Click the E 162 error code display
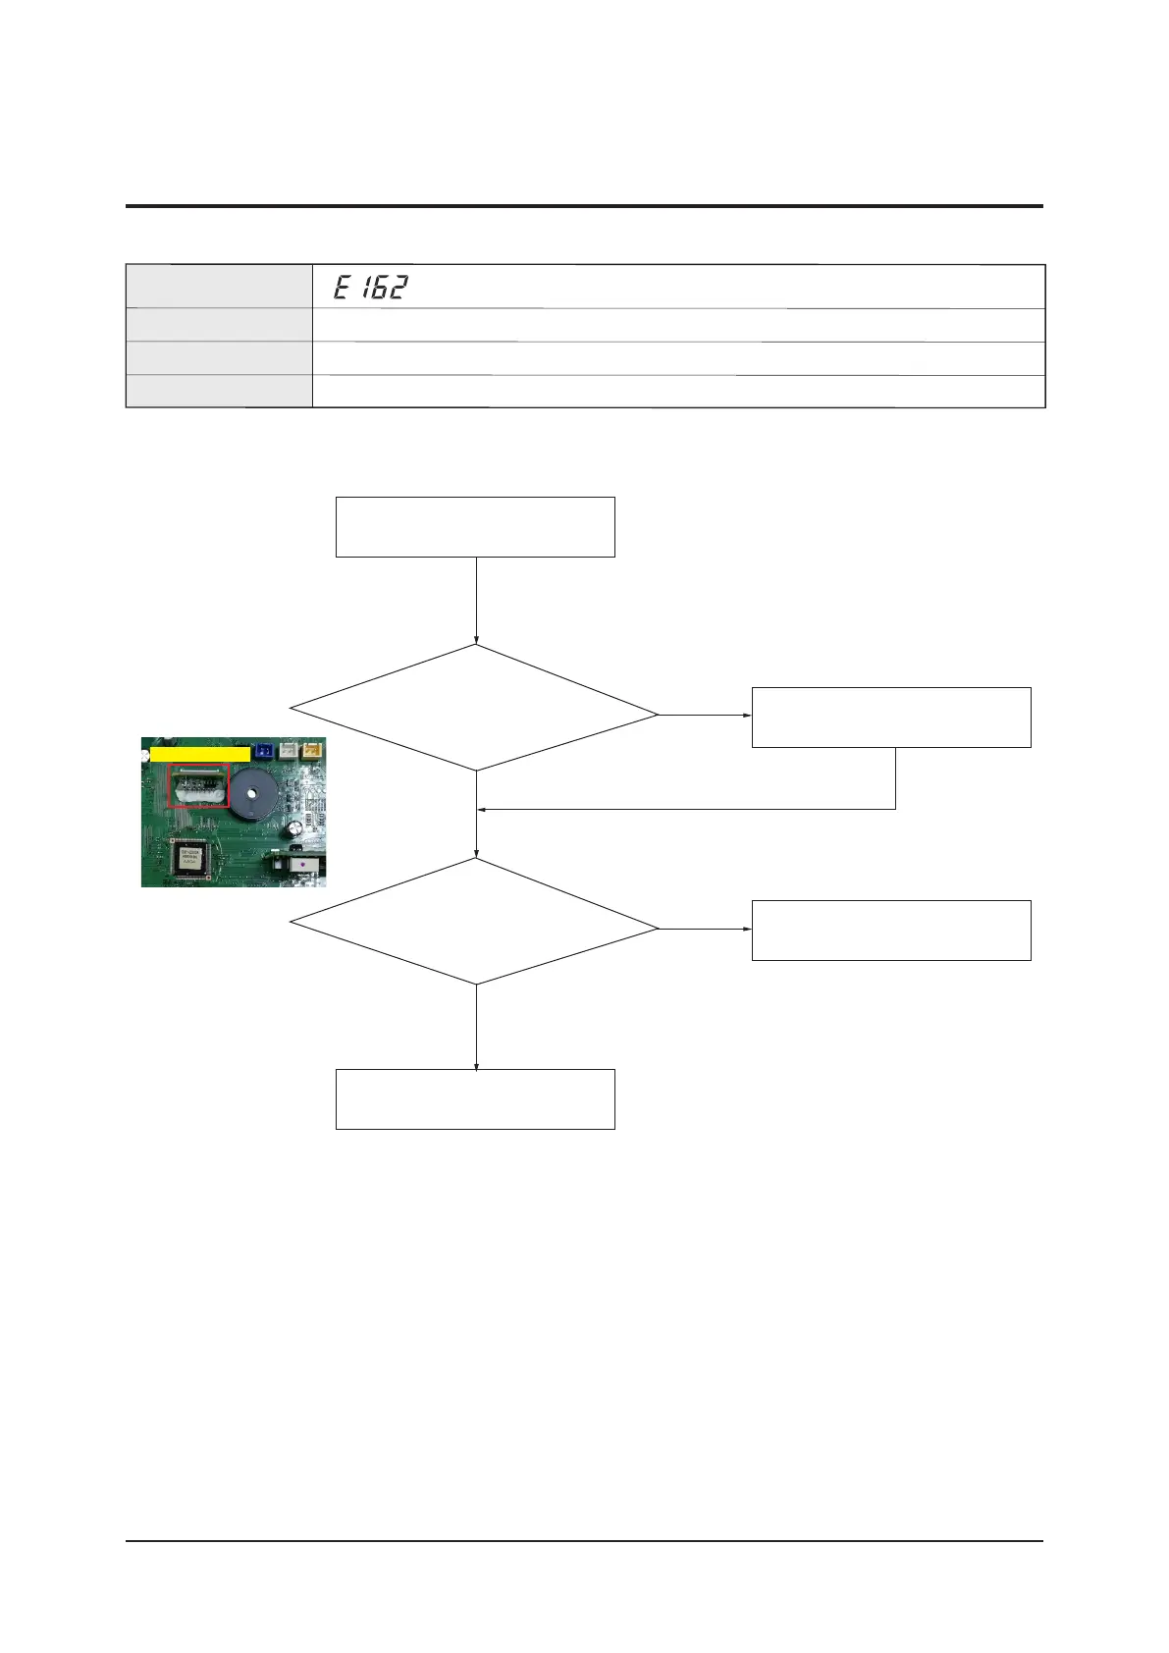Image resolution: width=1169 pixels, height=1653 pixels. [x=370, y=288]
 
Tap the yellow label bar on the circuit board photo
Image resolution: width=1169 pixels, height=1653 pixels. [x=199, y=754]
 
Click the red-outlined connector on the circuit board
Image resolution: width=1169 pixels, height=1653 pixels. [x=198, y=786]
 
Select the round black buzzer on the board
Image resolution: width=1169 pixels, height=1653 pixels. [x=257, y=790]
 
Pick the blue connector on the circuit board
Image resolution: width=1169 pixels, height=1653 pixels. [x=263, y=751]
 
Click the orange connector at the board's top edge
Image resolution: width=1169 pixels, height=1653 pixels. [x=311, y=749]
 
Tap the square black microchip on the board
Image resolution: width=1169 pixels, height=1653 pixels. [x=190, y=860]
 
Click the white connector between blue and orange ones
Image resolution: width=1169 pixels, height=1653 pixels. [x=288, y=750]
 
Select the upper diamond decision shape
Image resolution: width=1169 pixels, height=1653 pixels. [x=475, y=708]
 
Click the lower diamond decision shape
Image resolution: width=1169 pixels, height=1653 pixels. [x=475, y=922]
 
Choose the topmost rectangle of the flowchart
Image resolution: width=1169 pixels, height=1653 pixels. [x=475, y=527]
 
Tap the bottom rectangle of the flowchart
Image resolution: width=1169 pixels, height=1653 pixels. [x=475, y=1099]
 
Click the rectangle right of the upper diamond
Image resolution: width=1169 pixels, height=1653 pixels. [x=891, y=718]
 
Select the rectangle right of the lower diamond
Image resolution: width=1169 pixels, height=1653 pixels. [x=891, y=931]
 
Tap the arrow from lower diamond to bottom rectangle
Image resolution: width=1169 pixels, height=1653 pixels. [x=476, y=1027]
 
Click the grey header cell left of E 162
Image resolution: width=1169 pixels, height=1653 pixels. [x=219, y=287]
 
